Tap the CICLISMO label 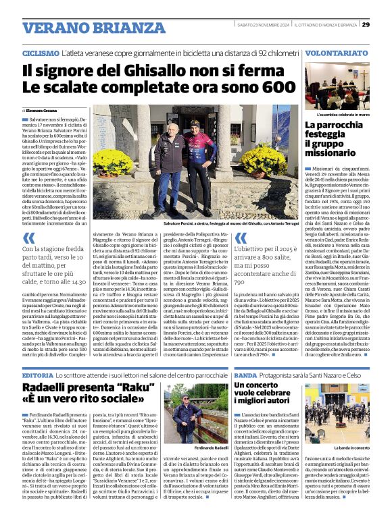click(40, 52)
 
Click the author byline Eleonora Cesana click(44, 109)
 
